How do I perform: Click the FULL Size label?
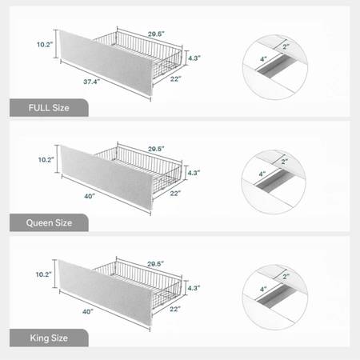click(49, 108)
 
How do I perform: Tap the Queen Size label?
click(49, 223)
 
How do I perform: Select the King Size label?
click(49, 338)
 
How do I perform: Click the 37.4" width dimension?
click(91, 82)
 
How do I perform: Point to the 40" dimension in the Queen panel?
click(90, 196)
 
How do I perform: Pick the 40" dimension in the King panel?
click(88, 311)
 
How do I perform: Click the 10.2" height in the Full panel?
click(45, 45)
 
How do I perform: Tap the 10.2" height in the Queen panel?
click(46, 160)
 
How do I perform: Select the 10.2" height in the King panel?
click(43, 274)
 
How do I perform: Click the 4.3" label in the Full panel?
click(194, 58)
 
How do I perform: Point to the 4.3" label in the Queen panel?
click(194, 173)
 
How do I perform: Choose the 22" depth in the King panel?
click(175, 309)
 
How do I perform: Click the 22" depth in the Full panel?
click(175, 79)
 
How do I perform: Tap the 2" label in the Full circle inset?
click(286, 46)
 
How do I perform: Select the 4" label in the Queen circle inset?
click(262, 174)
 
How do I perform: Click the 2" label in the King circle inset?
click(286, 277)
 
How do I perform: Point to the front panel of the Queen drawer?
click(107, 177)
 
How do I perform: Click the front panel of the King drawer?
click(106, 292)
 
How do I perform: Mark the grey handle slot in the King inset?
click(276, 295)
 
